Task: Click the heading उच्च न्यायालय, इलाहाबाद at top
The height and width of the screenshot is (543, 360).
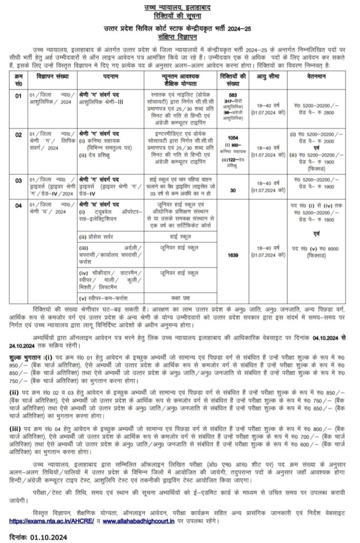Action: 180,6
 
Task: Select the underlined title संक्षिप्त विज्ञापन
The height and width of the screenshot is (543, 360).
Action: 180,38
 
